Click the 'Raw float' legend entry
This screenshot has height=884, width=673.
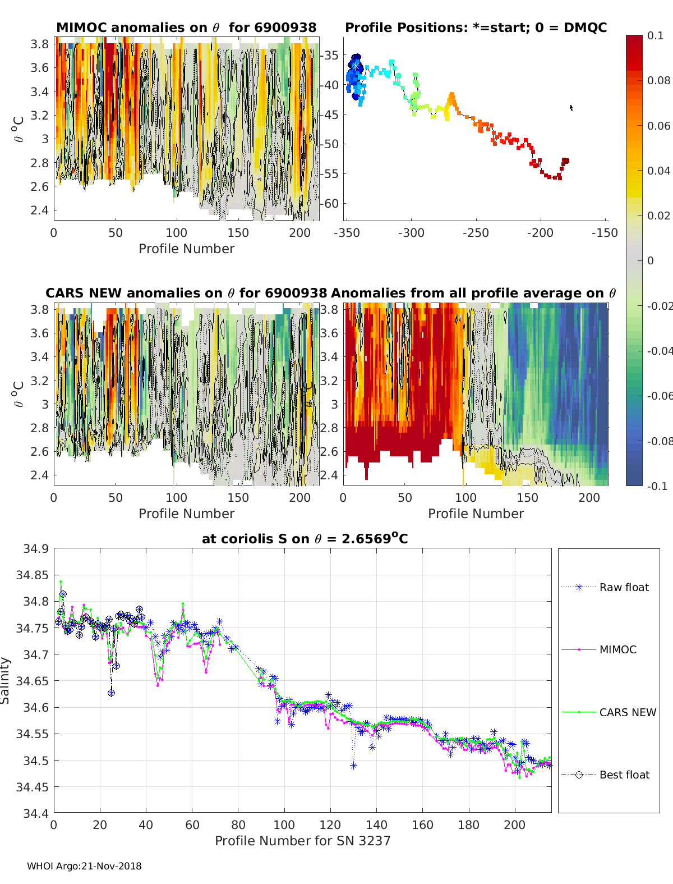(624, 587)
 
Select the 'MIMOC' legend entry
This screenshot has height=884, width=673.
(617, 649)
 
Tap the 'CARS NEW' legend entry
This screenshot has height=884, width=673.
(627, 712)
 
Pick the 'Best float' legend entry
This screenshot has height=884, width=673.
(624, 775)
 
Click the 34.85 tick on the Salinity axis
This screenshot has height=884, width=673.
(32, 575)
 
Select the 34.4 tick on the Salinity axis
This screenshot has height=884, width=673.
(35, 813)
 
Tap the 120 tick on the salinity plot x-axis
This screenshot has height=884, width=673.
(330, 825)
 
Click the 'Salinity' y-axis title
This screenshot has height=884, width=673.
(6, 680)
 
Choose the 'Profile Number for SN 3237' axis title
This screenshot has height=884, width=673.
(302, 841)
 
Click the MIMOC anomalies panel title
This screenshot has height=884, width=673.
(186, 28)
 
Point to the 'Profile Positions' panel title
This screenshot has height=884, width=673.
(476, 28)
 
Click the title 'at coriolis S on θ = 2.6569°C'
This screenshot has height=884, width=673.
(305, 539)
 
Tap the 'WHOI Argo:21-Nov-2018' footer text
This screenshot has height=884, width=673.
(84, 866)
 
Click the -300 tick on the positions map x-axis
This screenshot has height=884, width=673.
(411, 232)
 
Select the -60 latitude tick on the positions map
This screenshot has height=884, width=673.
(331, 203)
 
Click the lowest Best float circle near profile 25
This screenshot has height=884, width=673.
(111, 693)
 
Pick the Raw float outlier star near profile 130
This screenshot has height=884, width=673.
(353, 766)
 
